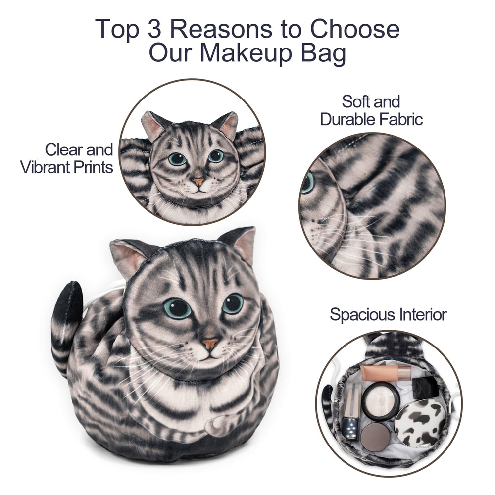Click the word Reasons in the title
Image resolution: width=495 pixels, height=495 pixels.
(x=221, y=29)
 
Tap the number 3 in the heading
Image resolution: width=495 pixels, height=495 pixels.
(x=154, y=29)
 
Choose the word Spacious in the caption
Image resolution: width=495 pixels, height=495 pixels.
(x=362, y=315)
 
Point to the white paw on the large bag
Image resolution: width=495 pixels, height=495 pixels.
(x=219, y=424)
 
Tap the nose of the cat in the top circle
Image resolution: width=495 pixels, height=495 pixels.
(x=198, y=182)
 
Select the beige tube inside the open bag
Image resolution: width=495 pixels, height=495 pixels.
(x=386, y=372)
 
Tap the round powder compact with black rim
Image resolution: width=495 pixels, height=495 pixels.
(x=380, y=400)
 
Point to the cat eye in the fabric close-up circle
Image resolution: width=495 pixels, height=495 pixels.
(x=308, y=183)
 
